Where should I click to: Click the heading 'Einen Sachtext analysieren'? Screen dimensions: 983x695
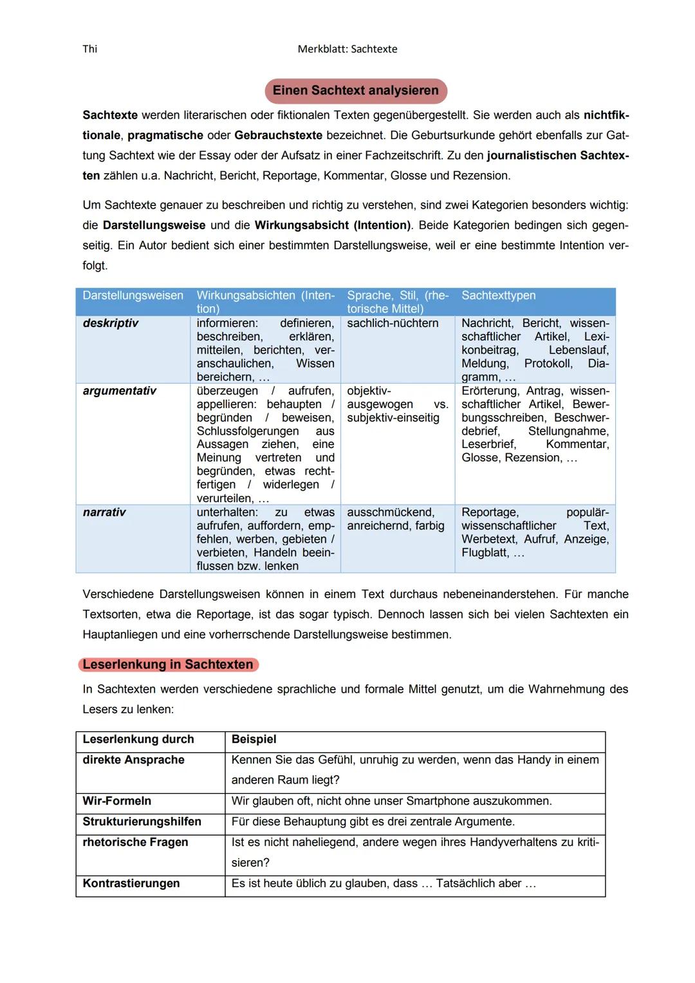coord(355,91)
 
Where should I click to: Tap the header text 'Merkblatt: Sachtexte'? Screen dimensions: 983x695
coord(347,49)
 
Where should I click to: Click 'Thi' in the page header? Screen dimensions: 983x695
coord(90,49)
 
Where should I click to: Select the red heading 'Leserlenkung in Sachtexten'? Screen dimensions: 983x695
coord(168,664)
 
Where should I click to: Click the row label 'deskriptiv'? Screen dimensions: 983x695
coord(111,323)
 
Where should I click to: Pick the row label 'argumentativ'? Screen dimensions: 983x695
coord(120,391)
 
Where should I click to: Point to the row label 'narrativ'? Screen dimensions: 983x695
coord(104,512)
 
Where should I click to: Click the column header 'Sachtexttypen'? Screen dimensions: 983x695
coord(498,295)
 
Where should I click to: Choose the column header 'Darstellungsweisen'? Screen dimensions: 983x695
coord(133,295)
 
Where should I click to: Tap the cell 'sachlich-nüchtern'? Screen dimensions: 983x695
coord(393,323)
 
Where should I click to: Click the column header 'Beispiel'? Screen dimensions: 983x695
coord(254,740)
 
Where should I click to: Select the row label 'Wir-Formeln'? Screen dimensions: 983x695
coord(117,801)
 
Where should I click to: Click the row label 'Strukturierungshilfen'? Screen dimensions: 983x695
coord(142,821)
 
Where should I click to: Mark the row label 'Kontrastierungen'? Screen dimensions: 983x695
coord(131,883)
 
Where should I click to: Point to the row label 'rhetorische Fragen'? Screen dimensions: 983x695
coord(136,842)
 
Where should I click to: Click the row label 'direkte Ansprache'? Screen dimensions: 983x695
coord(134,760)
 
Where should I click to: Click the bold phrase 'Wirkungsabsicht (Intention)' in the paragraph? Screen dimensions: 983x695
coord(333,225)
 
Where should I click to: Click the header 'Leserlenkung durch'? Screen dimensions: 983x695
coord(138,740)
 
